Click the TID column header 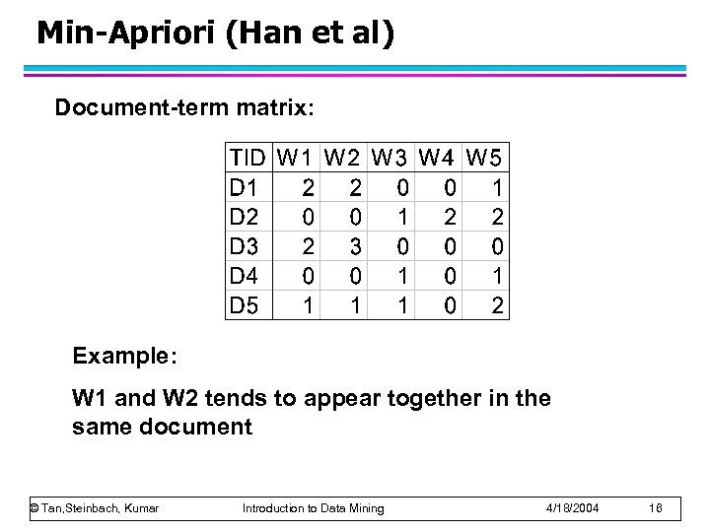[x=248, y=157]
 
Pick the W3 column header [x=392, y=157]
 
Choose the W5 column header [x=485, y=157]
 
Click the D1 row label [x=244, y=186]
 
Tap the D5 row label [x=244, y=306]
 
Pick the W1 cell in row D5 [x=309, y=306]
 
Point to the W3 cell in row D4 [x=402, y=277]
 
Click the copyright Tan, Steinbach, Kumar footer [x=95, y=507]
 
